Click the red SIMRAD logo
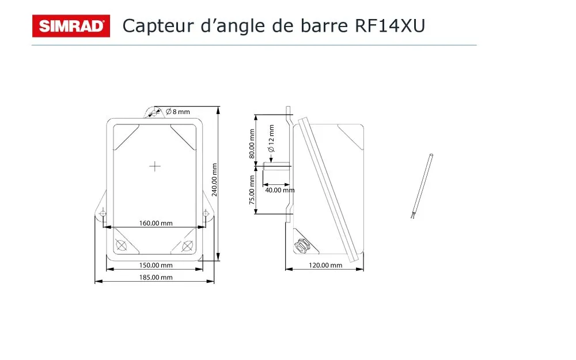point(71,26)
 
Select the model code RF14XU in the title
point(390,26)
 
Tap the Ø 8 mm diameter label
point(178,112)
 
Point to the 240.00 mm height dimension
point(214,180)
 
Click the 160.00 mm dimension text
point(156,223)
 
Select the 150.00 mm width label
point(156,265)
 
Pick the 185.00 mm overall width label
point(156,278)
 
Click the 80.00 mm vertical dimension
point(252,144)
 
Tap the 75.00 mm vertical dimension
point(252,190)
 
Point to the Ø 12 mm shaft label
point(271,138)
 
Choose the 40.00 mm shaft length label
point(280,190)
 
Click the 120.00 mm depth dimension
point(325,265)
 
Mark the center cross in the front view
point(154,166)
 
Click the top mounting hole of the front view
point(154,113)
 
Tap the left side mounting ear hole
point(103,214)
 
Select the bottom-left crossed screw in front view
point(121,245)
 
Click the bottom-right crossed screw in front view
point(187,246)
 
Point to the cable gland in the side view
point(302,245)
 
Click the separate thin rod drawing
point(422,186)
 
